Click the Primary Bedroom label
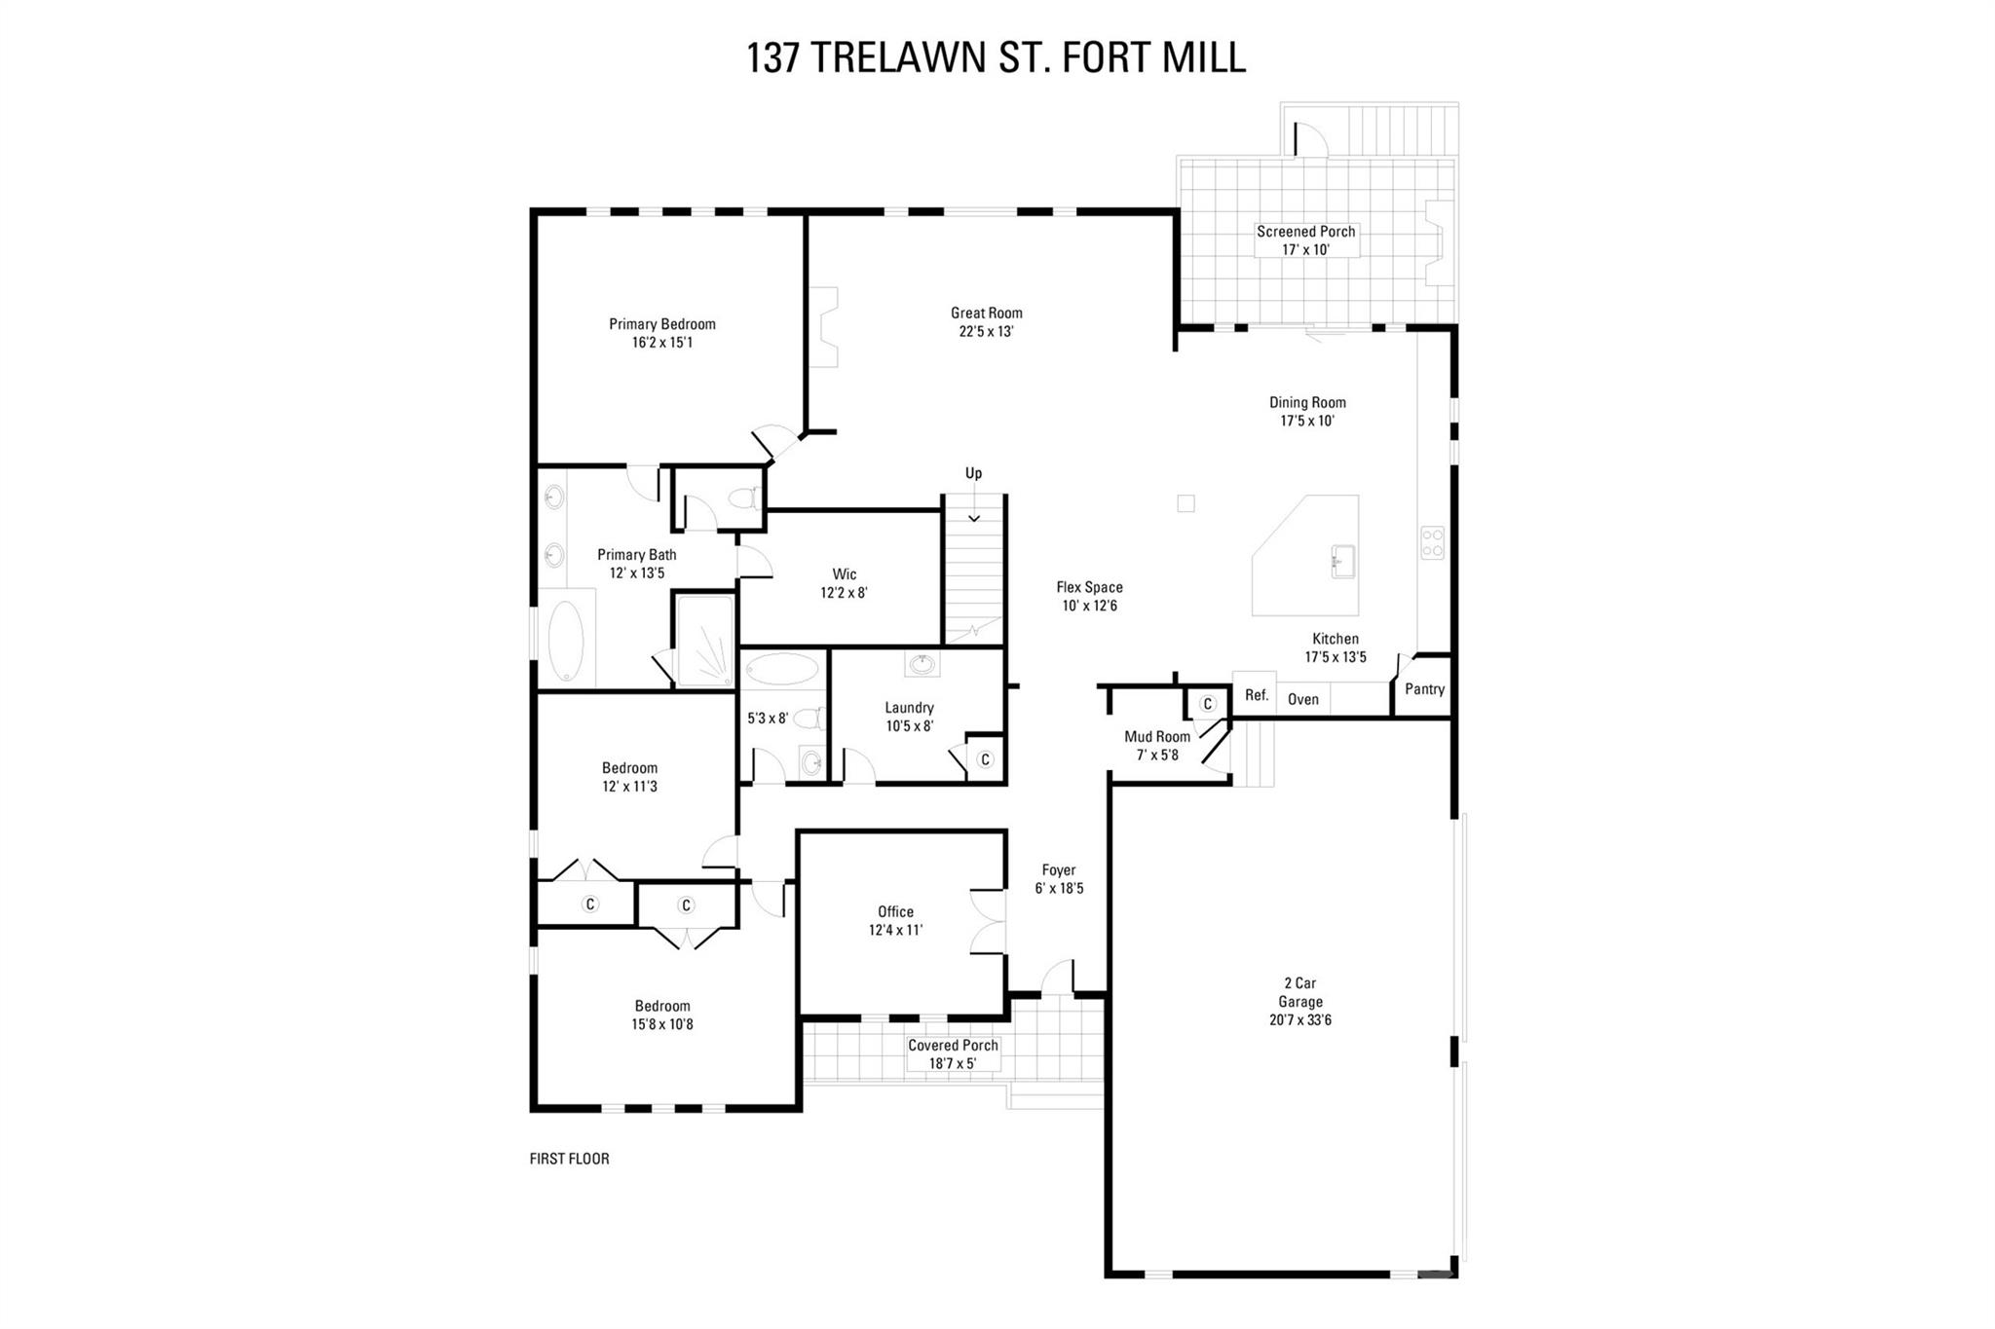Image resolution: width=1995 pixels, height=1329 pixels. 661,324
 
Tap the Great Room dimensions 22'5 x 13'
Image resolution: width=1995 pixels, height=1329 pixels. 986,331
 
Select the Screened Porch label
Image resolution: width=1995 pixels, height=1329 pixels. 1305,232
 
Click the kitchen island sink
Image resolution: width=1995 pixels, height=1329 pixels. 1343,562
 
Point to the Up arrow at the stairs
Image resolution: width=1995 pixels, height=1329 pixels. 974,517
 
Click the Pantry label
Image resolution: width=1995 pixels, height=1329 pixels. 1424,689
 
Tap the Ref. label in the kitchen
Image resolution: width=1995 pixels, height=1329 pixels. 1257,695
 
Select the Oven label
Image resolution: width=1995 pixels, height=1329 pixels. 1302,699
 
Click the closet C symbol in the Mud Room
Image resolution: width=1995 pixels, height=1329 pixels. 1208,703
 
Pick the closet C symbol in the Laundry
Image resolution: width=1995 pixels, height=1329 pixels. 984,759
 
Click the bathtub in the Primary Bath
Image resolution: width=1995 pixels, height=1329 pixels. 565,641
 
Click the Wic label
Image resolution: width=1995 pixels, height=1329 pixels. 844,574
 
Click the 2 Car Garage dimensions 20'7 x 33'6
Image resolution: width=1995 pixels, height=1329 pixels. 1299,1020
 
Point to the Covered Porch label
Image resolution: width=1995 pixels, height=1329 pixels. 953,1046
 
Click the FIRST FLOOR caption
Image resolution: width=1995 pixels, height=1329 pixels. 569,1159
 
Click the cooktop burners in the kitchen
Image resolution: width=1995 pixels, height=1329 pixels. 1432,542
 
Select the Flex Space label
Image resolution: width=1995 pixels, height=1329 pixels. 1089,587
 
